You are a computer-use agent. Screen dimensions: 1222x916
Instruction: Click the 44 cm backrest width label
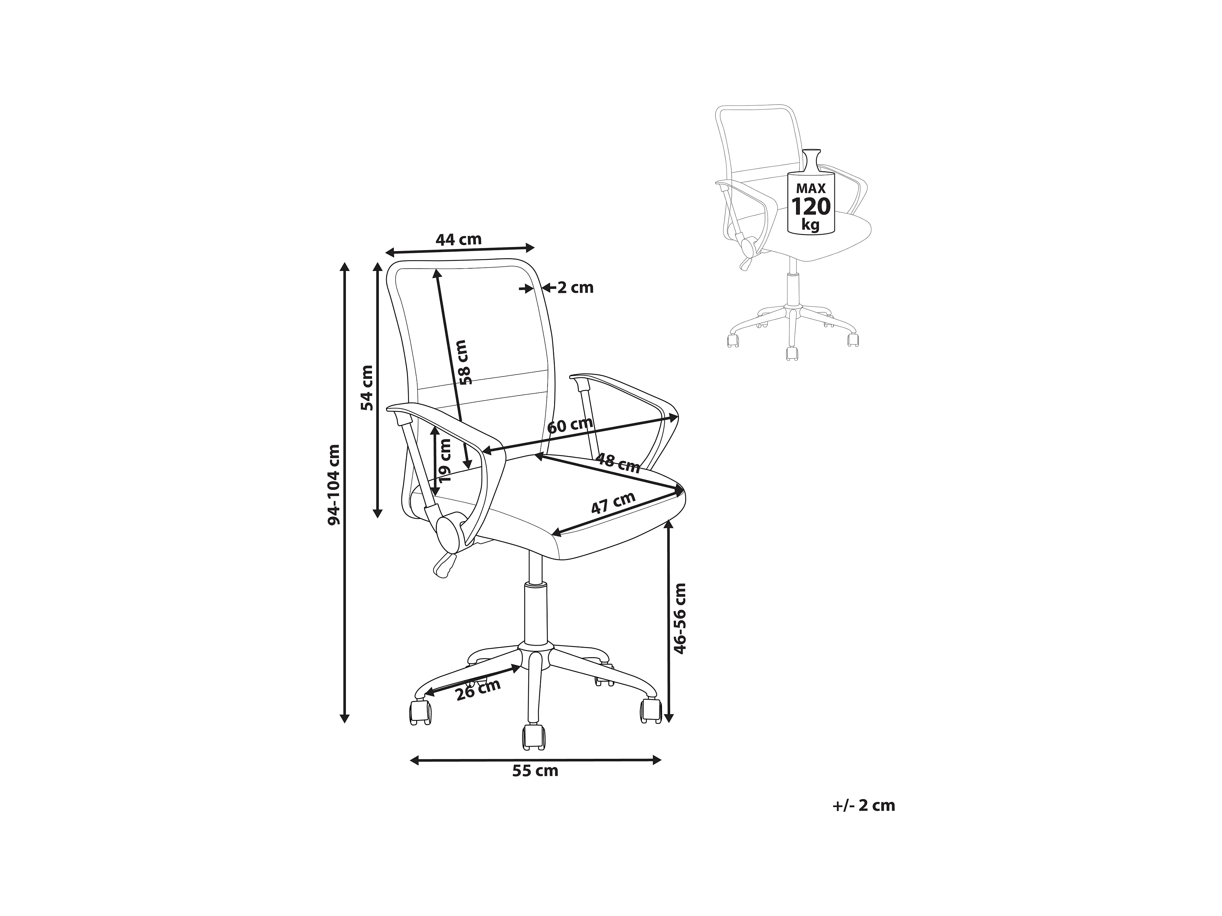click(x=459, y=240)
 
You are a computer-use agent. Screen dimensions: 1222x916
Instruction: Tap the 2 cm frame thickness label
click(x=575, y=288)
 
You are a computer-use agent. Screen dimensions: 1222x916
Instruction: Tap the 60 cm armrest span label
click(x=569, y=426)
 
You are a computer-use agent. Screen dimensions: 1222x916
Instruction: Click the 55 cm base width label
click(x=535, y=771)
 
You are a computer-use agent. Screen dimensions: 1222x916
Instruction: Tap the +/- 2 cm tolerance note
click(x=863, y=806)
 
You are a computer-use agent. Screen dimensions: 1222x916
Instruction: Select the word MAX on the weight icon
click(x=810, y=188)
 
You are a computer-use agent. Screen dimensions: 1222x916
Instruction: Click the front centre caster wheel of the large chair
click(x=534, y=737)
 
